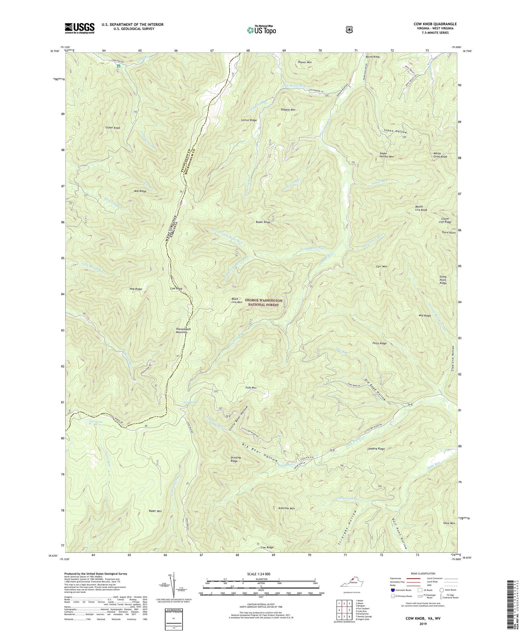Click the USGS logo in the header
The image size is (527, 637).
click(x=79, y=28)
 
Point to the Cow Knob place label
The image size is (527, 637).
click(x=176, y=288)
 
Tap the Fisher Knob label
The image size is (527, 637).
click(x=112, y=128)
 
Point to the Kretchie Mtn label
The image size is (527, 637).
click(x=286, y=508)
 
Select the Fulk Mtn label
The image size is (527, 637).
click(x=251, y=388)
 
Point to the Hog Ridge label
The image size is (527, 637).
click(x=136, y=289)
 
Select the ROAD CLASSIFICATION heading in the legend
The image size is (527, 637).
click(x=417, y=573)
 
